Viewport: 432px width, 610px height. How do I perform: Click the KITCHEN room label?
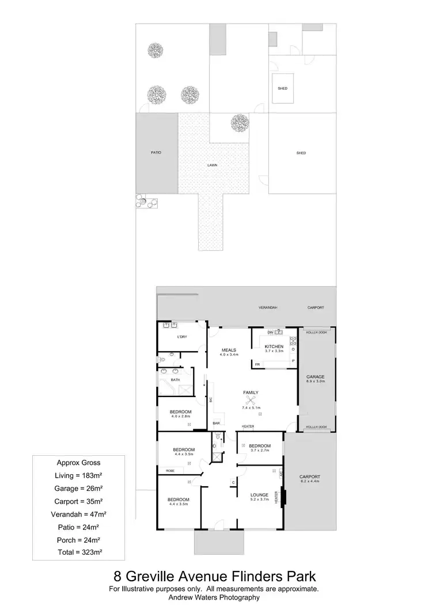275,346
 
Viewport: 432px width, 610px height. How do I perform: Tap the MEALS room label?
230,350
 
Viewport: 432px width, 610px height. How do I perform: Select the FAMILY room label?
251,392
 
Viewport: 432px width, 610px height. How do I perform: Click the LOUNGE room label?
260,495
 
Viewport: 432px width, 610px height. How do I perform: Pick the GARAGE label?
316,377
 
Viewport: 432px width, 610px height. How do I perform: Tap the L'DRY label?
182,336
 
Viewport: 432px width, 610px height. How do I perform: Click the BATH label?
175,380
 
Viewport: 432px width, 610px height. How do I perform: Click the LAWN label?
214,165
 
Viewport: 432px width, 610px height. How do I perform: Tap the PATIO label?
156,152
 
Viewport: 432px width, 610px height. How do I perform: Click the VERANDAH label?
268,308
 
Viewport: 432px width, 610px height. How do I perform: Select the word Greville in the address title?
167,576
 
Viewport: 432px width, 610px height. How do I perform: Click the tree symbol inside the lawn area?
239,122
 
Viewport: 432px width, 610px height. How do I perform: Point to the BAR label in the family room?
217,424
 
